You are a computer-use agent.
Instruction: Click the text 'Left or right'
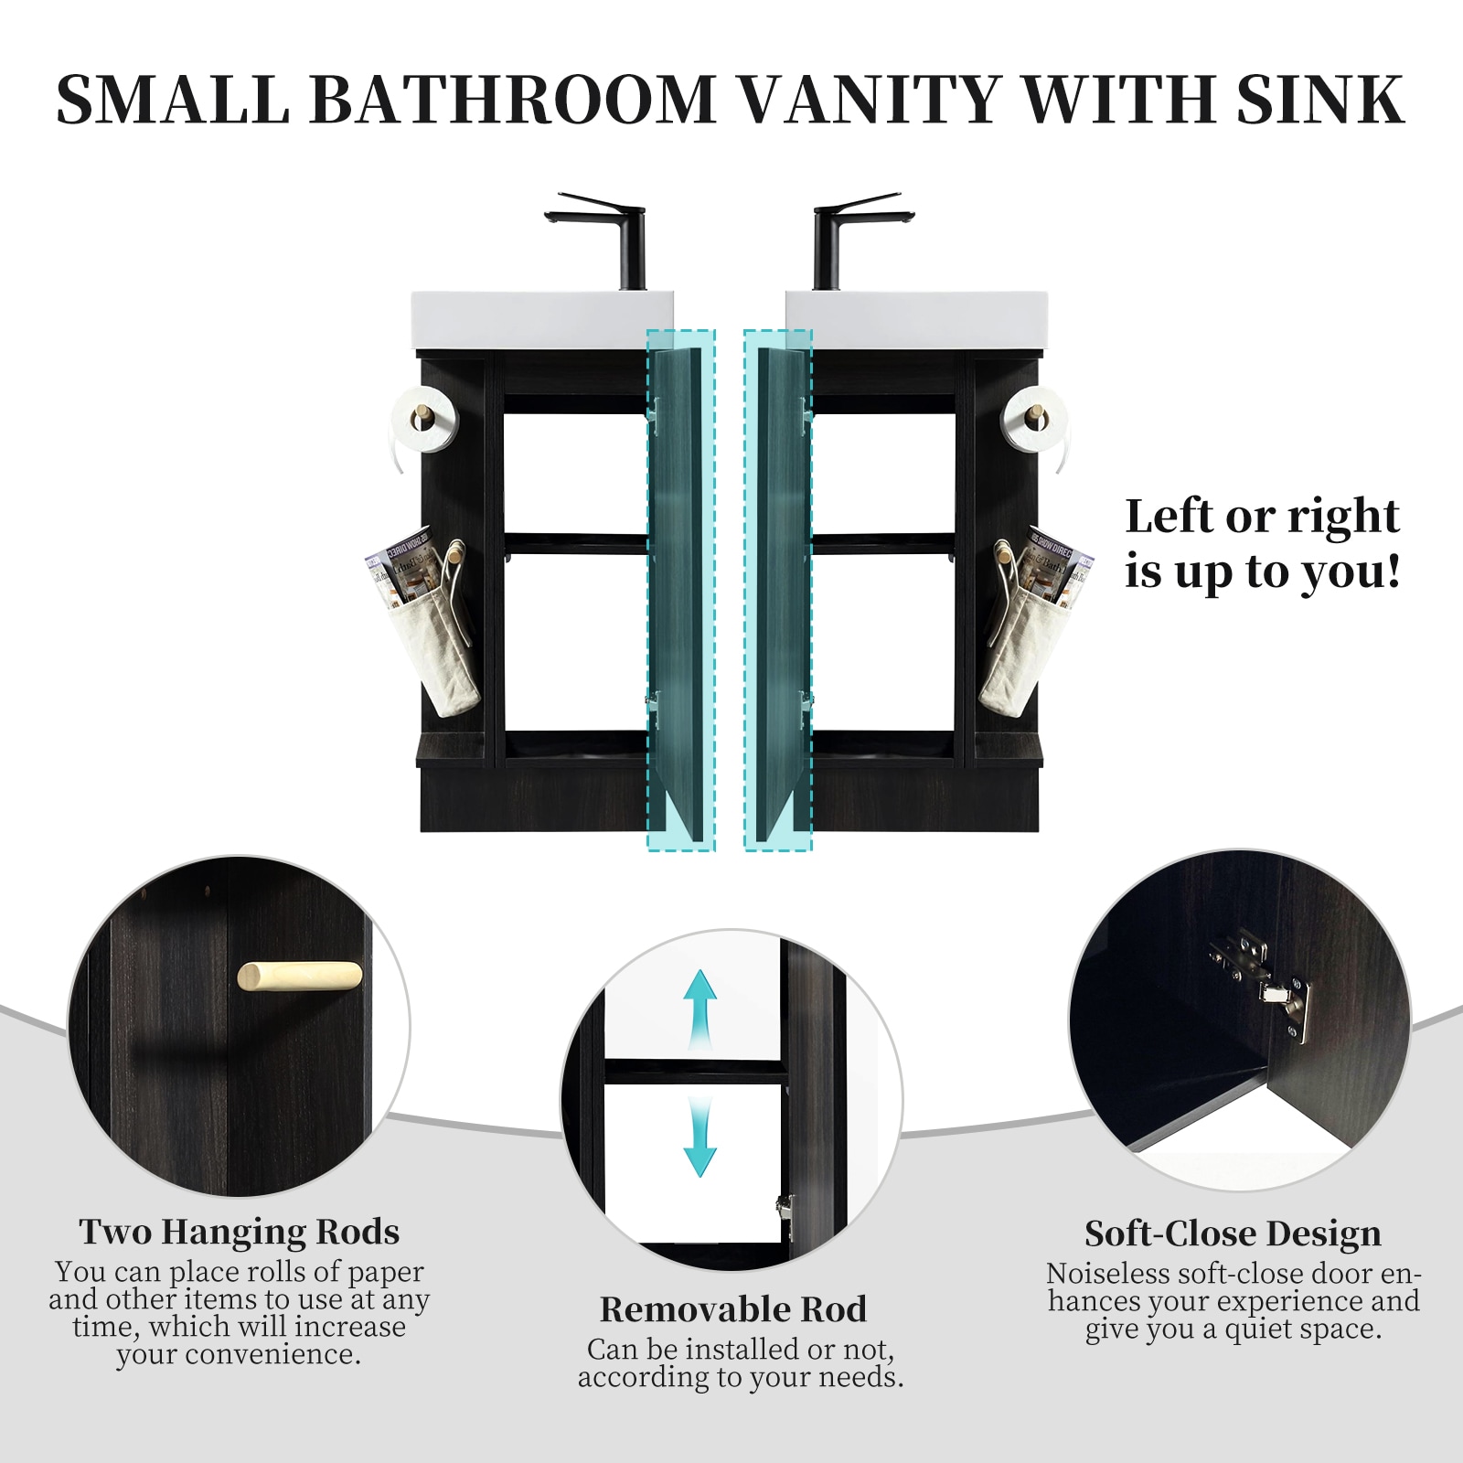[x=1262, y=517]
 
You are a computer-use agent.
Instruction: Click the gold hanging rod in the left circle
[x=300, y=976]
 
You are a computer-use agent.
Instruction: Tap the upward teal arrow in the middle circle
[x=700, y=1006]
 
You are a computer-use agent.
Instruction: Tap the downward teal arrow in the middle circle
[x=700, y=1138]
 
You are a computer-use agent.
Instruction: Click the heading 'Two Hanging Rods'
[x=239, y=1232]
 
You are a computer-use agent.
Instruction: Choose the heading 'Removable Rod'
[x=733, y=1309]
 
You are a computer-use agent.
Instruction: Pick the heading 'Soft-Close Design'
[x=1233, y=1233]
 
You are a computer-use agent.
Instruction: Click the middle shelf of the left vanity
[x=576, y=543]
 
